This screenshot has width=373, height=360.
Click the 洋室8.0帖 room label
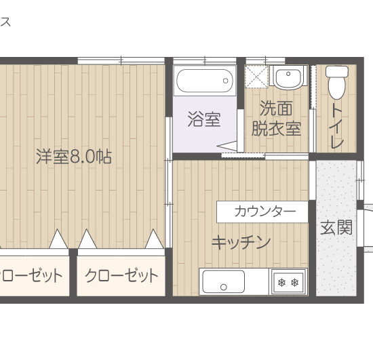click(74, 157)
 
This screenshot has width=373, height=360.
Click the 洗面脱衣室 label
click(276, 118)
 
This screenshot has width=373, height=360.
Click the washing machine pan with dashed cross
click(256, 77)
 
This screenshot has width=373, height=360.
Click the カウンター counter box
click(265, 212)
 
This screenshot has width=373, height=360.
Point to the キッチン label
click(241, 242)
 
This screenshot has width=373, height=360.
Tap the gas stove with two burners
click(288, 282)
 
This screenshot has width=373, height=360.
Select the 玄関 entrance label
click(336, 227)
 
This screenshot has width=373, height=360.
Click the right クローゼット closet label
click(121, 275)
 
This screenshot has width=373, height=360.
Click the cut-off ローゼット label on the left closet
click(32, 275)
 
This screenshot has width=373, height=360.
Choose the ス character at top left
click(5, 22)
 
